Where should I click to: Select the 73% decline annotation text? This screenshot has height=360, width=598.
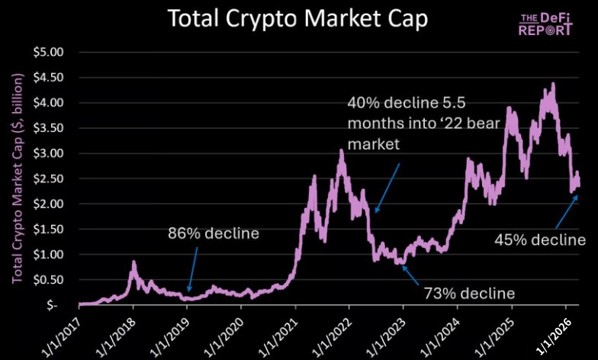pos(470,293)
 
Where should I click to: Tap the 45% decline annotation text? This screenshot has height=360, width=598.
pos(540,240)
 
